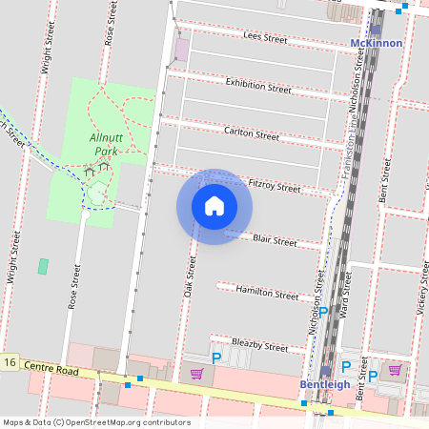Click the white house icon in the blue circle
pos(214,206)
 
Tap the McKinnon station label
pos(377,44)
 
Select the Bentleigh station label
pos(325,384)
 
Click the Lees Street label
pos(265,38)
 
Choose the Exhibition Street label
pos(257,86)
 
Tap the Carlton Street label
pos(251,134)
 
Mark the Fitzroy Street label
pos(274,186)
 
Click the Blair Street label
pos(275,241)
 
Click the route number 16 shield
pos(10,362)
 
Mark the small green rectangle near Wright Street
pos(43,266)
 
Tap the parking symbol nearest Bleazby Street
pos(216,357)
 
